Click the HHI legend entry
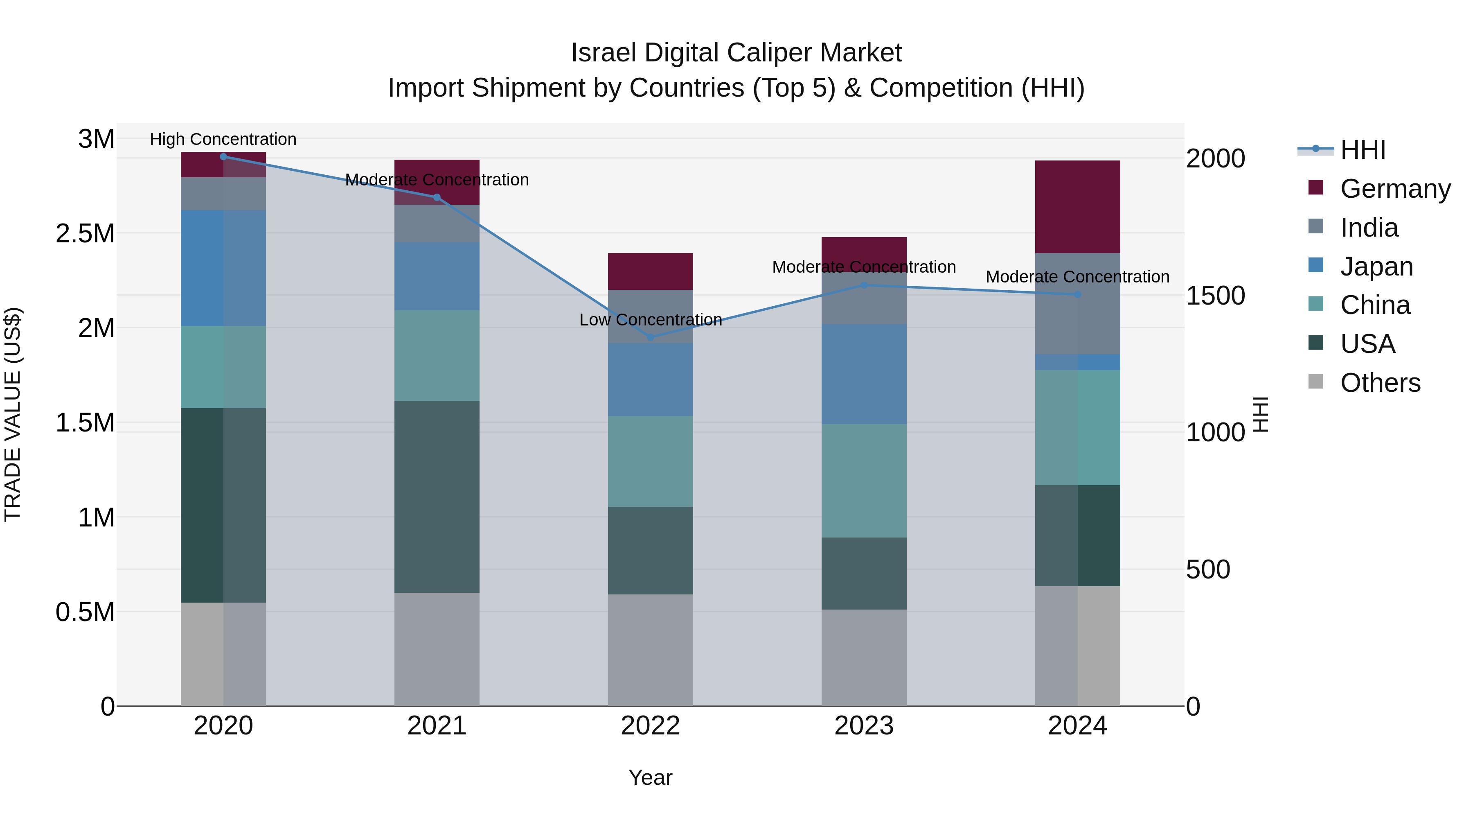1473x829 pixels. tap(1362, 150)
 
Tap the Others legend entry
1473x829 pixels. tap(1379, 383)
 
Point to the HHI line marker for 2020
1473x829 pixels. tap(223, 157)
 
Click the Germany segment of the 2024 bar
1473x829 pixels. tap(1077, 207)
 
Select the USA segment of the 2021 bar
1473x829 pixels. tap(437, 496)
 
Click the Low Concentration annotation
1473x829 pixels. tap(650, 320)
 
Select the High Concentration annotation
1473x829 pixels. tap(223, 140)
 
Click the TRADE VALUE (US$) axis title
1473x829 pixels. tap(13, 414)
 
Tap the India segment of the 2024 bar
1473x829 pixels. tap(1077, 303)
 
